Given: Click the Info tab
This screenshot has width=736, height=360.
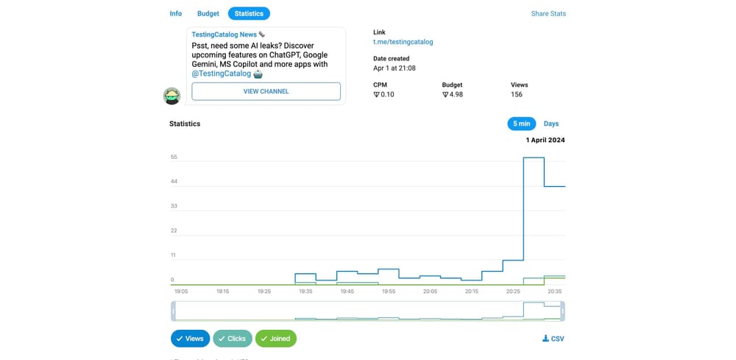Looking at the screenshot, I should (176, 13).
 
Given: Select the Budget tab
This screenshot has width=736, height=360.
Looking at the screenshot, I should (208, 13).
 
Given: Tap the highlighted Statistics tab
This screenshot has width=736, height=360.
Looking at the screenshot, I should (249, 13).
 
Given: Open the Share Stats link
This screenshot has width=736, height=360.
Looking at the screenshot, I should (548, 13).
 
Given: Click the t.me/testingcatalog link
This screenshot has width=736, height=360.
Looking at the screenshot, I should (403, 42).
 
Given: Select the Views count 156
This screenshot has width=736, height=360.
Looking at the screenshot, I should (517, 94).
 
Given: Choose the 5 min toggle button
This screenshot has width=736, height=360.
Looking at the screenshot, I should (521, 124).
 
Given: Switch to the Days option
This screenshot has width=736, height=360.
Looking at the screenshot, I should (551, 124).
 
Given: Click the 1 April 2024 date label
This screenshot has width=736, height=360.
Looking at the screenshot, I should (545, 140).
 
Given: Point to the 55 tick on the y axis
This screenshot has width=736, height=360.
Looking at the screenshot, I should (174, 157).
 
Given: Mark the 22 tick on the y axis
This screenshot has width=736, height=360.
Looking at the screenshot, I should (174, 230).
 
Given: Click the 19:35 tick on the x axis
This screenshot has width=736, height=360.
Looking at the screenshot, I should (305, 292).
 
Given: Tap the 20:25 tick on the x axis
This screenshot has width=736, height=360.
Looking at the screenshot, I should (513, 292).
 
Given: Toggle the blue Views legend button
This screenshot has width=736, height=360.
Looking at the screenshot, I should (190, 339).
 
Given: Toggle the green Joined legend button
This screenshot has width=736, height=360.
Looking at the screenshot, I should (276, 339).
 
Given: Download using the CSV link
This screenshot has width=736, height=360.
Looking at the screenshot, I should (553, 339).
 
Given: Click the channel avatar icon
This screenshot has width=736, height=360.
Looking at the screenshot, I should (171, 96).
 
